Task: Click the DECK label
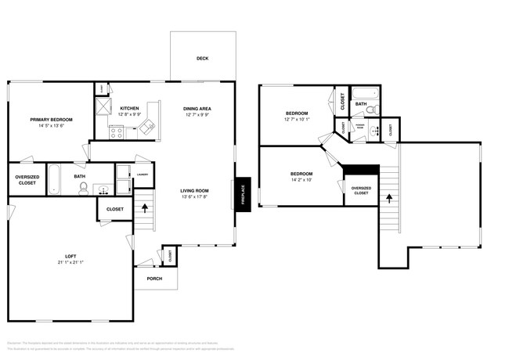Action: click(203, 58)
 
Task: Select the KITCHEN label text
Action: click(130, 108)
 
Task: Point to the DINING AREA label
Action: click(197, 108)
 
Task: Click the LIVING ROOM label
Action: click(194, 189)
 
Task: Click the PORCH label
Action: click(154, 278)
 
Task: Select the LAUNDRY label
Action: click(142, 175)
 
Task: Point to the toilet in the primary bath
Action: click(84, 189)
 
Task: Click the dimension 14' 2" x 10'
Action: click(301, 180)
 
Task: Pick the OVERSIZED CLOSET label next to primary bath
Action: click(27, 180)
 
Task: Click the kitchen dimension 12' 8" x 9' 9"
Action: click(130, 114)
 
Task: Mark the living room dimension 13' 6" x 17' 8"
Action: click(194, 196)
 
